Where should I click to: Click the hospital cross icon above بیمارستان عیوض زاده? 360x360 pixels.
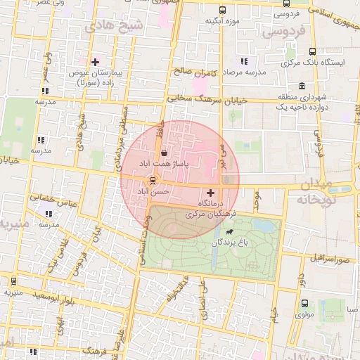95,62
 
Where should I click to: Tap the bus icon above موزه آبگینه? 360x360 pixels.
223,11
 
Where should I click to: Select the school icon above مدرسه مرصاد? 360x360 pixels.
244,61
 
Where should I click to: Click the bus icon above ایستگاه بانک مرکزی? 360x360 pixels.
312,51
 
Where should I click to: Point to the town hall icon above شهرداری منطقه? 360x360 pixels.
302,86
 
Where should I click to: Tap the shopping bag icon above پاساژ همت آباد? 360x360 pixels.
164,152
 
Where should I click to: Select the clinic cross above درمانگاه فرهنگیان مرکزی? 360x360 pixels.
210,192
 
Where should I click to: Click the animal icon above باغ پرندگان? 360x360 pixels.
230,231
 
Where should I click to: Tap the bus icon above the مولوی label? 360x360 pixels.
304,304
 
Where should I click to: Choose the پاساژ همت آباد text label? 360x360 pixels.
154,163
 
